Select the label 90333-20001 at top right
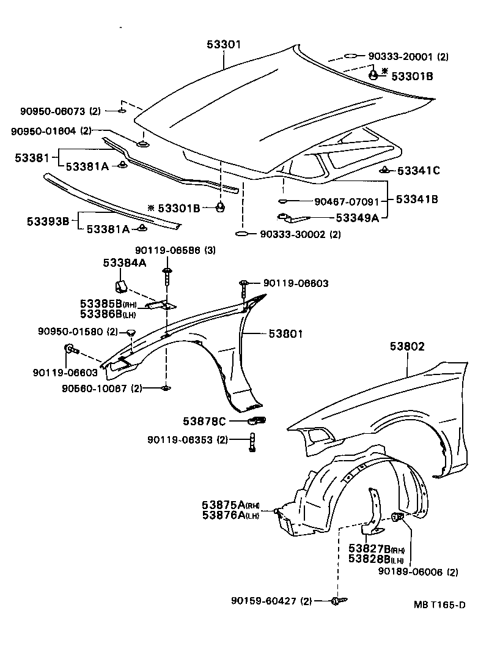[400, 56]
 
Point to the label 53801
[286, 333]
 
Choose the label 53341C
[419, 171]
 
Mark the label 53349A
[358, 217]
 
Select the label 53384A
[124, 262]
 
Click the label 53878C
[204, 421]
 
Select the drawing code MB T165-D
[439, 605]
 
